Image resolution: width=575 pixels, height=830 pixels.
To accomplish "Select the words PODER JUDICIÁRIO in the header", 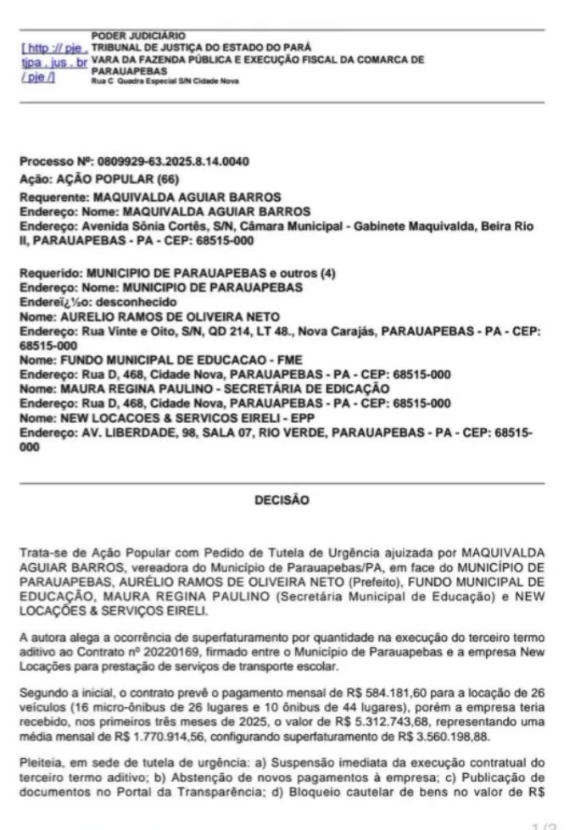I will (126, 36).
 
